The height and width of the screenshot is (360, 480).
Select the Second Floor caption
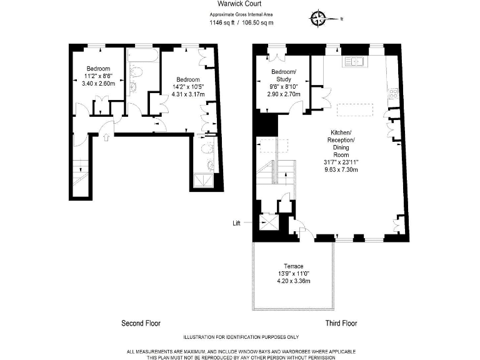[x=141, y=324]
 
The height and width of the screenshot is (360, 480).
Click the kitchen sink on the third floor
[x=354, y=62]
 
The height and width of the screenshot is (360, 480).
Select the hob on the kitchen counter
[x=394, y=94]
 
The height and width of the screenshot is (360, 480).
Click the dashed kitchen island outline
[x=354, y=110]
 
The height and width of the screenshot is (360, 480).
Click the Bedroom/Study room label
[x=284, y=75]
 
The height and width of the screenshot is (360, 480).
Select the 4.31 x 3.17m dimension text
[x=188, y=95]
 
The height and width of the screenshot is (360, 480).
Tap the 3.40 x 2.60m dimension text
[x=98, y=84]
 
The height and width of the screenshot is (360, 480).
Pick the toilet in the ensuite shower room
[x=210, y=164]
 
